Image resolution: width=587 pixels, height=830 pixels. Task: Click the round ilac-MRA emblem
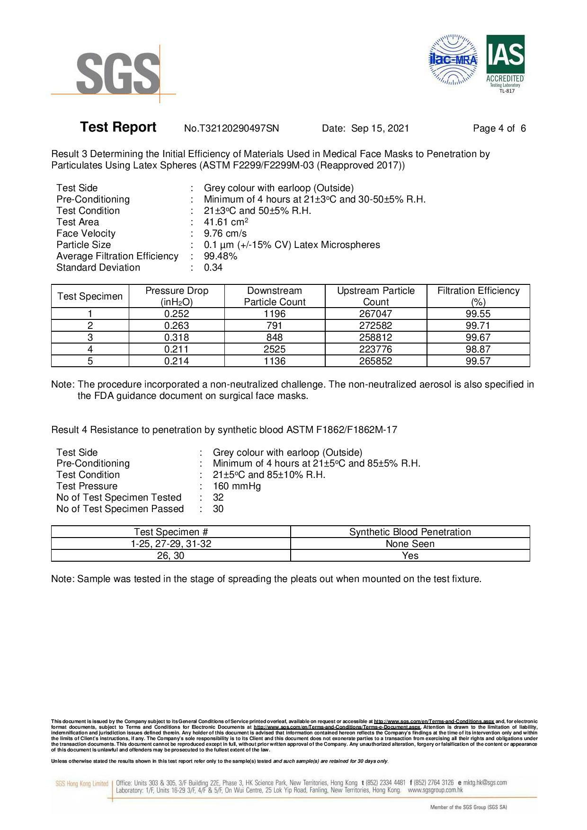(453, 60)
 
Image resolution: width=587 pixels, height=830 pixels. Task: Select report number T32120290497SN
(231, 128)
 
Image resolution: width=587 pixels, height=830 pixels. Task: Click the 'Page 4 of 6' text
(499, 128)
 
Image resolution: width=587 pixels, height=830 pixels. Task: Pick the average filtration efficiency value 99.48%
(221, 256)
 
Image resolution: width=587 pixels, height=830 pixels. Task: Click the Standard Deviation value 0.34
(213, 267)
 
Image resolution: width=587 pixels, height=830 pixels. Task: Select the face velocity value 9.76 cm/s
(225, 233)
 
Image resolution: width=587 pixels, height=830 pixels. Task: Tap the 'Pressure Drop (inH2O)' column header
(177, 296)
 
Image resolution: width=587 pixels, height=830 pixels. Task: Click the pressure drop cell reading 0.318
(177, 337)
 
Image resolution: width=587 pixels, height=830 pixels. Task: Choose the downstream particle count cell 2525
(275, 349)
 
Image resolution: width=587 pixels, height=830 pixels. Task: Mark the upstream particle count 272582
(376, 326)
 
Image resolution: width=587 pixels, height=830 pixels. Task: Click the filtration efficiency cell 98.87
(478, 349)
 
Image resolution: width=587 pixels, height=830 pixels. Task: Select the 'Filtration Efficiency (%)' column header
(478, 296)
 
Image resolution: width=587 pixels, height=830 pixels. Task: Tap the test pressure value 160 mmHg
(237, 486)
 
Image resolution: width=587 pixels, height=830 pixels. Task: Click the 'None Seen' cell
(410, 544)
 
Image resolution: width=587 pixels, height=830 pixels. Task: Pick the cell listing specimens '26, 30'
(170, 556)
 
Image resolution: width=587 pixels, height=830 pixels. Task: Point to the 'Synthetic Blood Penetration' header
(410, 532)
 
